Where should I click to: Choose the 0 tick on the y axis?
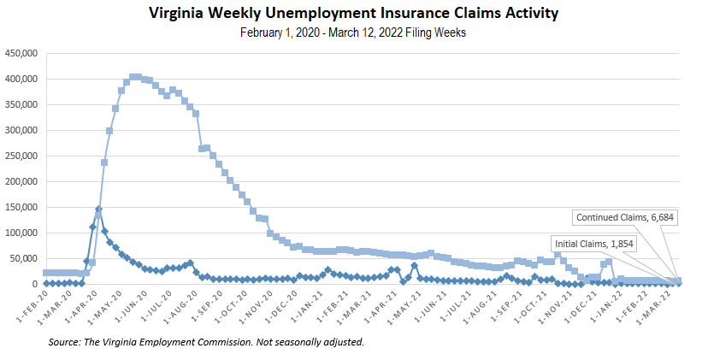point(34,284)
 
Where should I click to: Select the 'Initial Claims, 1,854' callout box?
point(593,243)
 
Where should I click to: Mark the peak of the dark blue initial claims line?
point(98,209)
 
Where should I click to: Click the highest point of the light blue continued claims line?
point(135,77)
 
